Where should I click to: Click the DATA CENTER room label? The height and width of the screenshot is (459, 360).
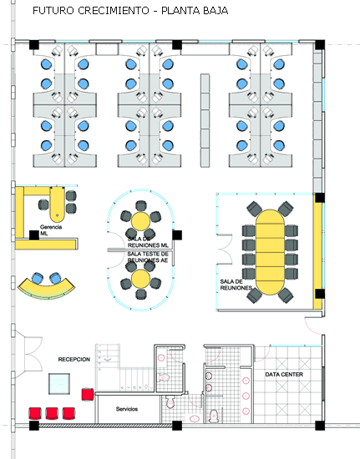pyautogui.click(x=284, y=375)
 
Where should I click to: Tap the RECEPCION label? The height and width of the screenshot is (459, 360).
pyautogui.click(x=74, y=359)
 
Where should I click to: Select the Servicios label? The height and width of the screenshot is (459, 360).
pyautogui.click(x=127, y=409)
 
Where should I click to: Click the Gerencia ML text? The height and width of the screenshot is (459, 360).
pyautogui.click(x=51, y=230)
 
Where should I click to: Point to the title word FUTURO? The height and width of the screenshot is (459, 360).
pyautogui.click(x=53, y=11)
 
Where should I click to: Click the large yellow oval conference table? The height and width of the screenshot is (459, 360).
pyautogui.click(x=270, y=252)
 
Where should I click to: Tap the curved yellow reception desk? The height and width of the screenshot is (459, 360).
pyautogui.click(x=46, y=290)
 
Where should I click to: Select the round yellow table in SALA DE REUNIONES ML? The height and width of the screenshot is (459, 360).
pyautogui.click(x=140, y=221)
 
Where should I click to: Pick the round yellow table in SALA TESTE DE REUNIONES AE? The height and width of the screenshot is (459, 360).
pyautogui.click(x=140, y=279)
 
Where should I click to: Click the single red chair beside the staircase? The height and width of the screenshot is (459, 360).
pyautogui.click(x=88, y=394)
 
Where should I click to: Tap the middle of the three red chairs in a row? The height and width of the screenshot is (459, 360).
pyautogui.click(x=52, y=413)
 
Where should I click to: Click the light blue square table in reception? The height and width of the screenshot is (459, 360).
pyautogui.click(x=59, y=384)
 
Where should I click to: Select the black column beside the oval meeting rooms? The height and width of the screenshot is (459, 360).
pyautogui.click(x=177, y=235)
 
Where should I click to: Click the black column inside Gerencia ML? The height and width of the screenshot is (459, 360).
pyautogui.click(x=34, y=235)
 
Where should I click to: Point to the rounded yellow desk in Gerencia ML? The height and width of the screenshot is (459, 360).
pyautogui.click(x=57, y=204)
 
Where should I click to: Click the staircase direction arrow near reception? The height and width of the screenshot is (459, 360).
pyautogui.click(x=108, y=360)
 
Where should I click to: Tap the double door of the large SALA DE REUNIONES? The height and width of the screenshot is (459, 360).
pyautogui.click(x=225, y=250)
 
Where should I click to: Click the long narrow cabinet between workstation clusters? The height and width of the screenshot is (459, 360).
pyautogui.click(x=205, y=121)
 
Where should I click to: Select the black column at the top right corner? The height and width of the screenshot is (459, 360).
pyautogui.click(x=320, y=45)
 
